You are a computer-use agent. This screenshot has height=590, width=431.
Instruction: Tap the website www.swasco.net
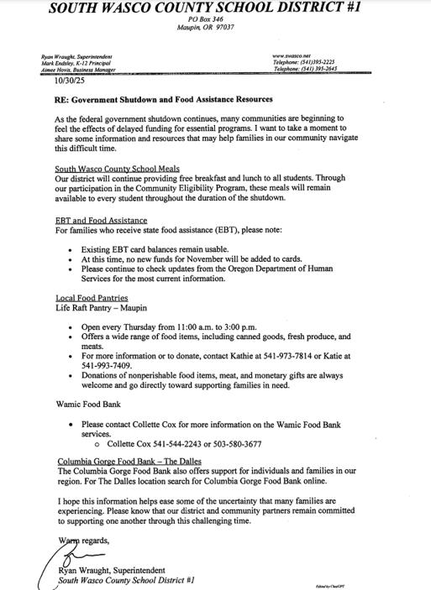pyautogui.click(x=293, y=55)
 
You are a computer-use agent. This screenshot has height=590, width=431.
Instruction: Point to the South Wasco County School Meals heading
pyautogui.click(x=117, y=169)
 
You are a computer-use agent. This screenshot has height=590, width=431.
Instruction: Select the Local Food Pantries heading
pyautogui.click(x=92, y=298)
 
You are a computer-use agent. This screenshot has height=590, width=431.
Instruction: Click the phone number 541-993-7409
pyautogui.click(x=106, y=367)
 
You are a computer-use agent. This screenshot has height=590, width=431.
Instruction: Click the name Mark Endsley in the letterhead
pyautogui.click(x=60, y=63)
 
